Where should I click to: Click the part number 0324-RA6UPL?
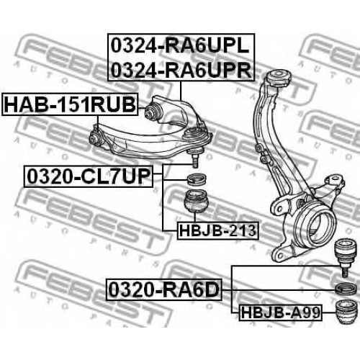click(180, 46)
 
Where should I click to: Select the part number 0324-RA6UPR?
click(181, 70)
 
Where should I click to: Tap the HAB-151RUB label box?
click(70, 104)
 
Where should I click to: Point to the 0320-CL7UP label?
click(89, 176)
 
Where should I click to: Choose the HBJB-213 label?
click(217, 230)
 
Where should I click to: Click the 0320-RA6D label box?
click(164, 289)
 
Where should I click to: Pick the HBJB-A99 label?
click(280, 312)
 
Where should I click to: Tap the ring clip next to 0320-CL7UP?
click(197, 179)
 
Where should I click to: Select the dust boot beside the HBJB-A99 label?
click(346, 312)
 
